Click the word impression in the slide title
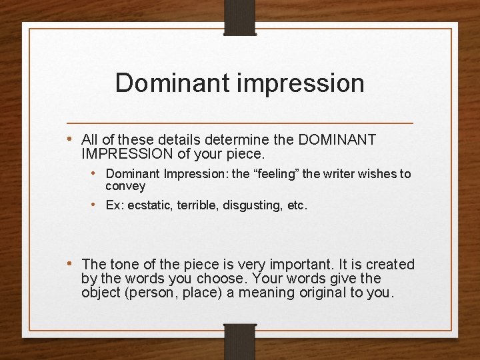[309, 84]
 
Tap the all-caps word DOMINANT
[339, 140]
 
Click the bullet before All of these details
[71, 140]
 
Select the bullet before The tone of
[71, 265]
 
